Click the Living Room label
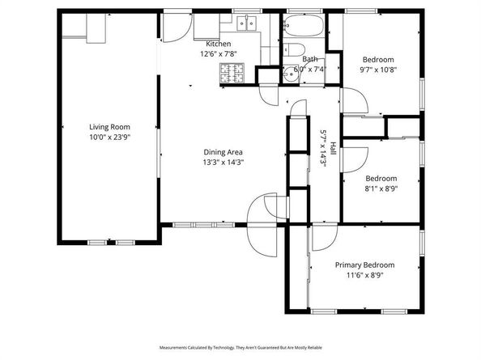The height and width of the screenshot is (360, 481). pyautogui.click(x=109, y=127)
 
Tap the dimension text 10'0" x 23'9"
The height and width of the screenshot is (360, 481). pyautogui.click(x=109, y=138)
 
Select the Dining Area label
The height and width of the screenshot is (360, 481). pyautogui.click(x=223, y=151)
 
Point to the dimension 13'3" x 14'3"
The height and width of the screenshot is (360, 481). pyautogui.click(x=223, y=162)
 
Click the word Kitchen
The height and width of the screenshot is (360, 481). pyautogui.click(x=218, y=44)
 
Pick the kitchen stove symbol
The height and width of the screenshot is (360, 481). pyautogui.click(x=231, y=74)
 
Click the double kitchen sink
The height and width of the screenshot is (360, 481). pyautogui.click(x=246, y=23)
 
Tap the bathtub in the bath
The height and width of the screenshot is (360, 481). pyautogui.click(x=303, y=30)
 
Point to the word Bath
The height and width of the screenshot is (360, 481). pyautogui.click(x=310, y=59)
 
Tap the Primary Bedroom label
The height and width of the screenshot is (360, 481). pyautogui.click(x=364, y=265)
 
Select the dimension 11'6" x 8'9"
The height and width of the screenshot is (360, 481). pyautogui.click(x=364, y=275)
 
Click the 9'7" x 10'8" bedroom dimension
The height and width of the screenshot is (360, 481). pyautogui.click(x=378, y=70)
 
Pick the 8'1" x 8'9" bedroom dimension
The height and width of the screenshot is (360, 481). pyautogui.click(x=381, y=188)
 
